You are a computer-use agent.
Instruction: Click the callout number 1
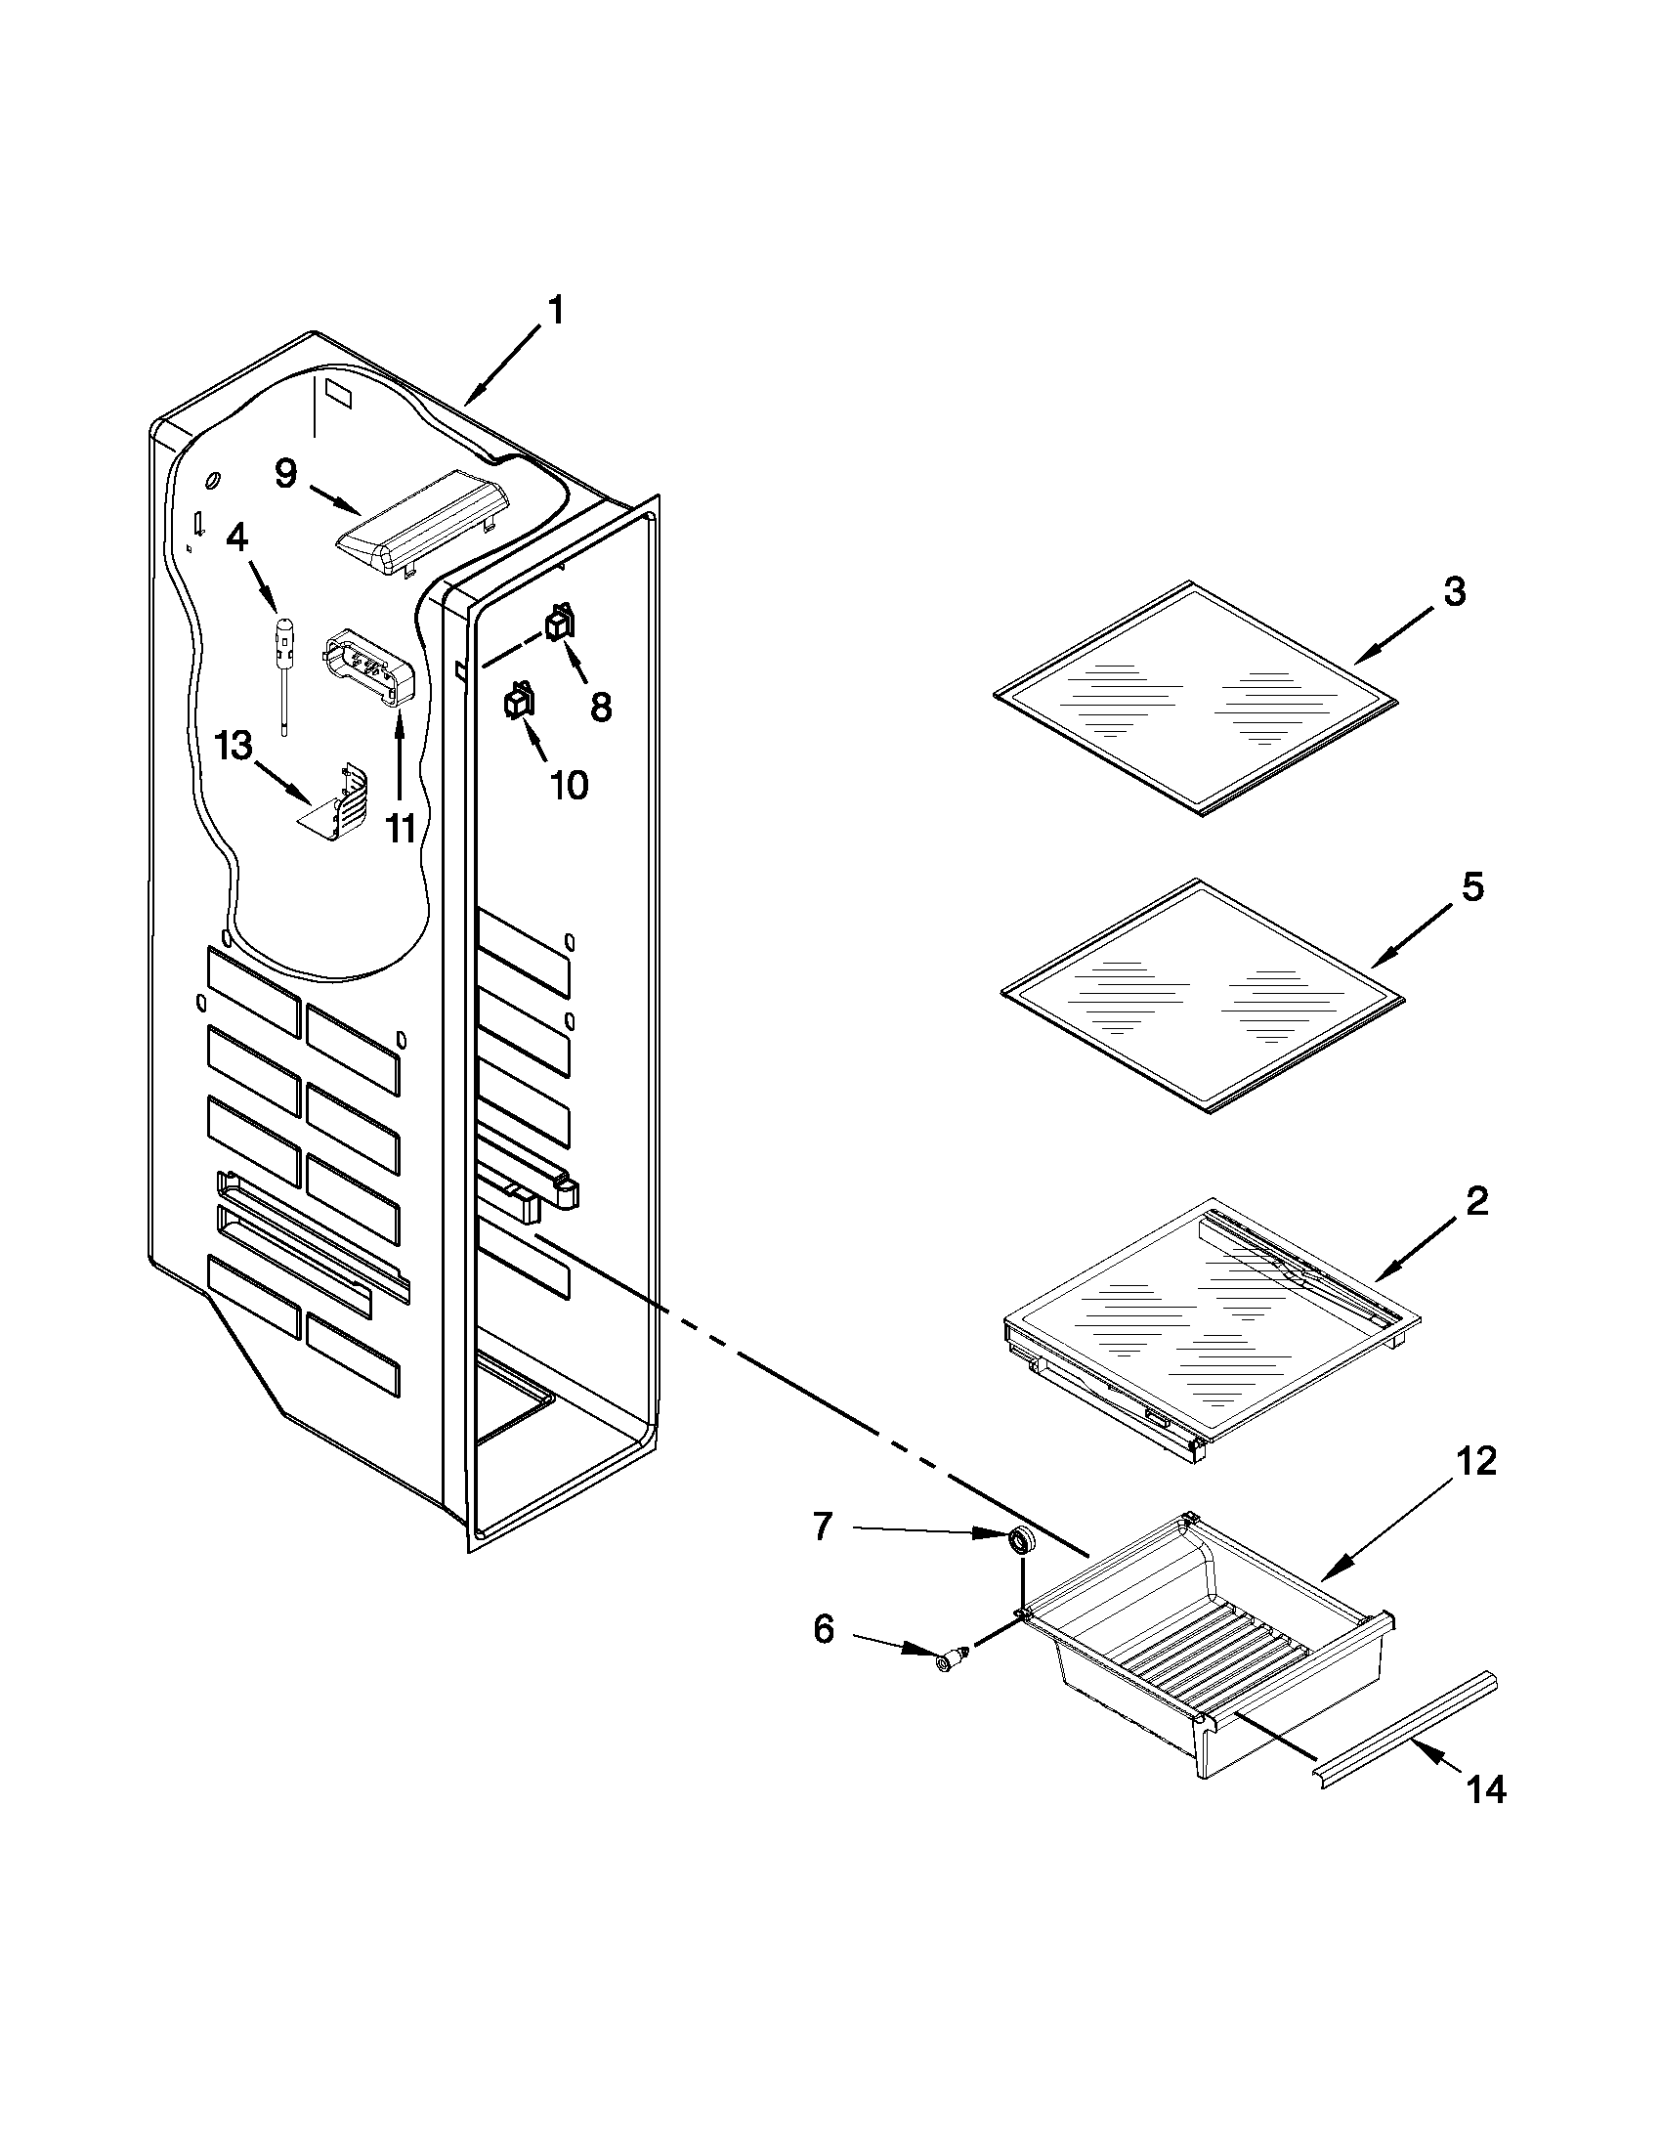tap(555, 311)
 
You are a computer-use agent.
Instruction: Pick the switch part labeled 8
tap(560, 623)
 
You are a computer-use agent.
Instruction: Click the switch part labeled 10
tap(518, 702)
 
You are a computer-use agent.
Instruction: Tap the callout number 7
tap(823, 1527)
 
